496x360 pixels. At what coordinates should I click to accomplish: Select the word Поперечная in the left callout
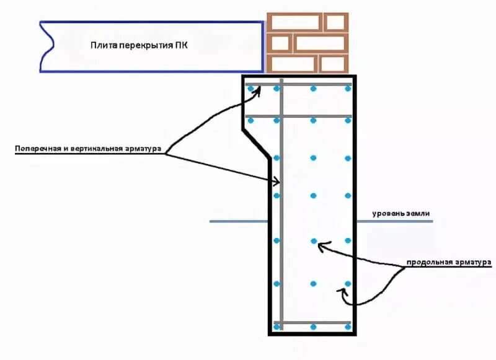pos(36,149)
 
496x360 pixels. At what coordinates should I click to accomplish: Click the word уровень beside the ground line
pos(387,214)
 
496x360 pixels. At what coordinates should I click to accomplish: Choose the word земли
pos(417,214)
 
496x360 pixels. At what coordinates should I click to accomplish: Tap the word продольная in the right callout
pos(428,263)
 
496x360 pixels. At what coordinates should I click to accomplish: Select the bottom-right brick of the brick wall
pos(333,63)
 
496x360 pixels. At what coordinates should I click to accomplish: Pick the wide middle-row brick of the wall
pos(319,43)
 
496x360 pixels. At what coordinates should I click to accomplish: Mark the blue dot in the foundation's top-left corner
pos(251,89)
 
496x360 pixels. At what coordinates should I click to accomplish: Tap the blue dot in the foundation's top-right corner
pos(348,89)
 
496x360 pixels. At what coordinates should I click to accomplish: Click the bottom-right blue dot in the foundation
pos(348,327)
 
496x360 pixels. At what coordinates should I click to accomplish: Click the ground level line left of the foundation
pos(239,221)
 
